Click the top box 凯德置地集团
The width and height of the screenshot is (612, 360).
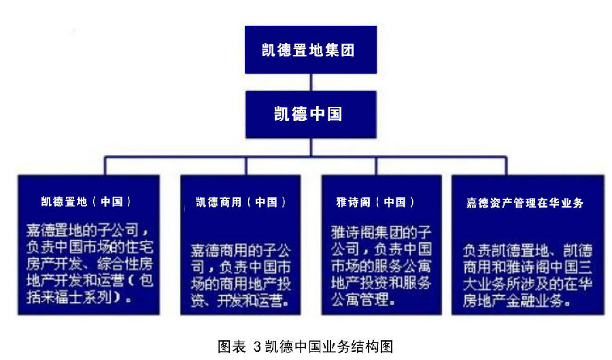click(x=311, y=50)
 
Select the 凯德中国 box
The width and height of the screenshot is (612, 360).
click(x=311, y=114)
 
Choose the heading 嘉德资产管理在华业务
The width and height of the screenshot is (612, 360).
click(x=524, y=203)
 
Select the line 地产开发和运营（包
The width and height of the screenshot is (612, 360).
click(x=86, y=280)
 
